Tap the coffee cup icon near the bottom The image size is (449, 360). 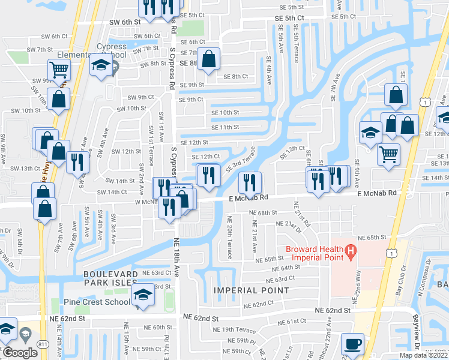tap(352, 344)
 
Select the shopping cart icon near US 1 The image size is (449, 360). tap(388, 154)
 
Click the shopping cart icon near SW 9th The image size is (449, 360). tap(59, 70)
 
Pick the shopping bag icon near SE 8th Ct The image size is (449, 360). tap(209, 59)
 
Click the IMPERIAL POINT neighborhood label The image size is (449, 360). tap(250, 290)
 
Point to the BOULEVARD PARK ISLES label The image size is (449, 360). tap(111, 278)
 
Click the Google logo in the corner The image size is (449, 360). tap(20, 352)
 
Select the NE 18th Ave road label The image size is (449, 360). tap(178, 255)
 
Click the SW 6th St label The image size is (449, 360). tap(124, 22)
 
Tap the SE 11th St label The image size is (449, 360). tap(225, 127)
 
